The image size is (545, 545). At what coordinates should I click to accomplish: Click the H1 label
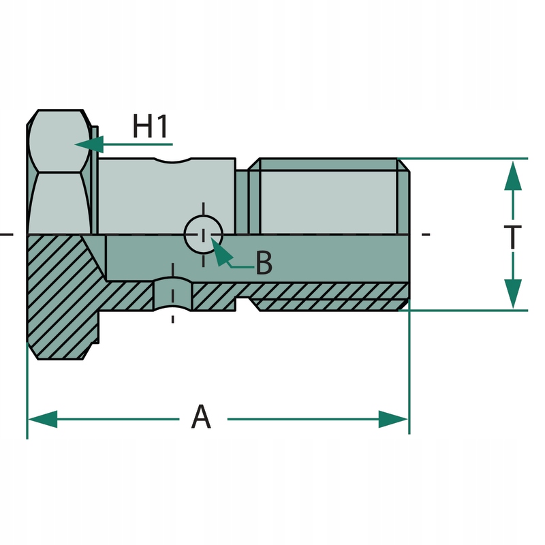click(x=150, y=126)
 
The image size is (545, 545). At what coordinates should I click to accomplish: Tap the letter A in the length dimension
click(x=201, y=416)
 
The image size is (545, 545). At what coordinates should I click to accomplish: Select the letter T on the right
click(x=513, y=237)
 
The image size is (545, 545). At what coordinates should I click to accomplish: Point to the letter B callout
click(x=264, y=262)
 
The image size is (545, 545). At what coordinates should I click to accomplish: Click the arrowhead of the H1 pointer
click(x=89, y=144)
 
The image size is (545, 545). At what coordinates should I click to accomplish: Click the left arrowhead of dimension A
click(x=42, y=419)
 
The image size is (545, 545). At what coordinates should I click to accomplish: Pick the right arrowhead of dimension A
click(x=393, y=419)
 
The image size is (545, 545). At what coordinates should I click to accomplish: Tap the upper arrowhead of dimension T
click(x=513, y=176)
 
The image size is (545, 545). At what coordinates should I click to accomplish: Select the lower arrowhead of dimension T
click(x=513, y=294)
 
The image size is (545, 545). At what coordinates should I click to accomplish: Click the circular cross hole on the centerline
click(x=203, y=234)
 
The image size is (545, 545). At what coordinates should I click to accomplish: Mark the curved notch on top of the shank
click(x=172, y=161)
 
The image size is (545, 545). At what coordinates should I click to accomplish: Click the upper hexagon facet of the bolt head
click(x=60, y=141)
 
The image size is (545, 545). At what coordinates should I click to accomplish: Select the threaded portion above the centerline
click(x=328, y=196)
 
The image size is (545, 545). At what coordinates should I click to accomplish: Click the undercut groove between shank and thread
click(x=243, y=202)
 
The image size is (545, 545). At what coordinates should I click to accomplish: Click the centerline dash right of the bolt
click(x=426, y=234)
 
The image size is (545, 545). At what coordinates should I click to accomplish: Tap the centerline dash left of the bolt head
click(x=6, y=234)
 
